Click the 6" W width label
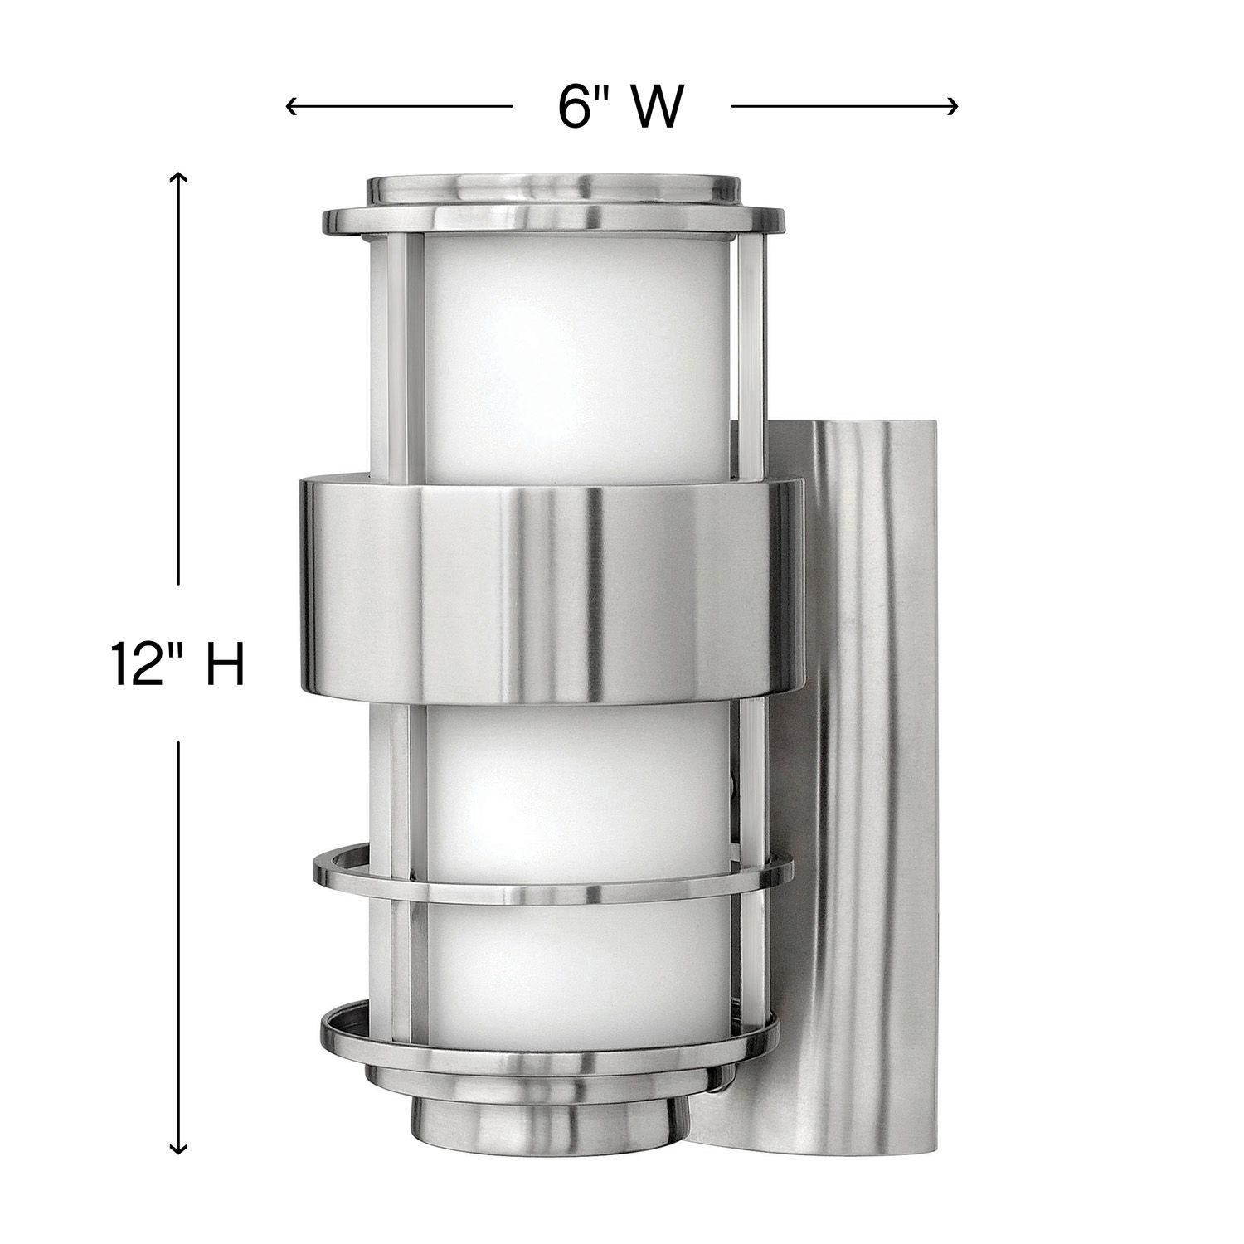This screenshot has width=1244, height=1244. [620, 106]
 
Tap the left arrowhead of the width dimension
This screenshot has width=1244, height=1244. [290, 106]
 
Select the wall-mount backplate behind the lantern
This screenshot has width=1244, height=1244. [871, 746]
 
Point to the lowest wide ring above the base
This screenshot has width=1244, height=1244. [549, 1037]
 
